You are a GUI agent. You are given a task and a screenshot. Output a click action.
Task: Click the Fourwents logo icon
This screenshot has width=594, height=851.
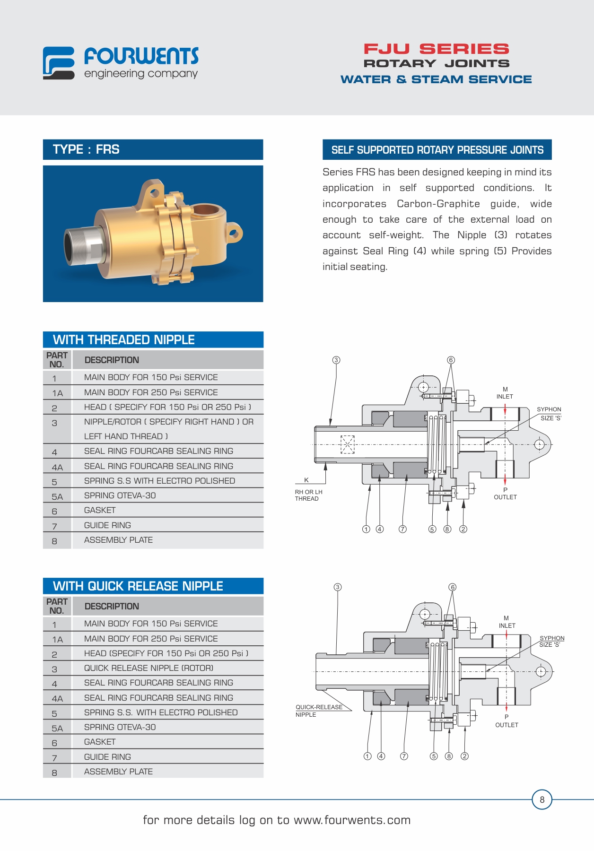point(59,63)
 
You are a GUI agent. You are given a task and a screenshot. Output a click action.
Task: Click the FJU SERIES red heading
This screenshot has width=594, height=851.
point(436,49)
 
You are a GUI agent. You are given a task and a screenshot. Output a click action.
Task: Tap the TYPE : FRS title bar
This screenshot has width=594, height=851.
point(153,149)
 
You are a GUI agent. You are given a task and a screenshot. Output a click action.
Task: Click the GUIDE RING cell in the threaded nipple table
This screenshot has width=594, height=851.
point(107,525)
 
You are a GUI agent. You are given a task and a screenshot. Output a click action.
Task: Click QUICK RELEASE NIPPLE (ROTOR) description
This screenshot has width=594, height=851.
point(148,668)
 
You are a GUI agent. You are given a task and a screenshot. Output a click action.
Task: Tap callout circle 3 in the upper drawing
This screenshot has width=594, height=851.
point(336,360)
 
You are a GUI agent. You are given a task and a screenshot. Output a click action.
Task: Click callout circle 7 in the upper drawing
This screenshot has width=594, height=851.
point(402,529)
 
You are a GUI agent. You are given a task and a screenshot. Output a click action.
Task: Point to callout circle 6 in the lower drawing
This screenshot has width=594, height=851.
point(453,587)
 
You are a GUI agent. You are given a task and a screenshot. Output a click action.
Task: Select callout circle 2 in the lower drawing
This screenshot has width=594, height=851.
point(465,756)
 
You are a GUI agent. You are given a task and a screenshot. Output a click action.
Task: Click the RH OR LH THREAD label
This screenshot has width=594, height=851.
point(308,495)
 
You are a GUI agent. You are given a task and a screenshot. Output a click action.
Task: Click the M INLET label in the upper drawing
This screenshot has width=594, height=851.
point(505,393)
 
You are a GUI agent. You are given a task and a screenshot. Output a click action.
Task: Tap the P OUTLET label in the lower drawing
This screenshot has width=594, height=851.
point(507,721)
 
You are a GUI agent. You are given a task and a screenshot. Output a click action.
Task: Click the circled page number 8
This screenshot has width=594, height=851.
point(542,799)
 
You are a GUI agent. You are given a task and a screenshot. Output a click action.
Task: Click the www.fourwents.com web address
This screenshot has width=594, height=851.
point(352,820)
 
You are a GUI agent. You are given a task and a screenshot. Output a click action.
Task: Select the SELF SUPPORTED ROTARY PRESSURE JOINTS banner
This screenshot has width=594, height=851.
point(437,150)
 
